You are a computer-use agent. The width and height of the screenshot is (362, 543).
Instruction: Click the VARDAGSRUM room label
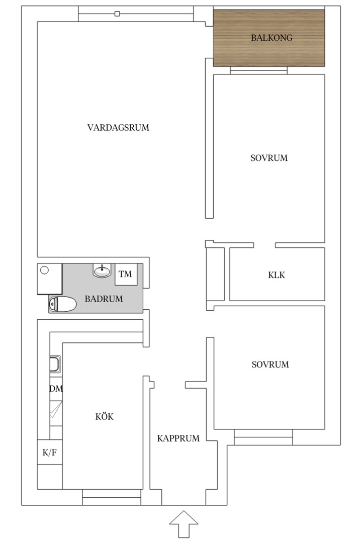click(x=118, y=127)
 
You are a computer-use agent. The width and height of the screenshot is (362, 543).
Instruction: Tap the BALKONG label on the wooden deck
click(x=271, y=37)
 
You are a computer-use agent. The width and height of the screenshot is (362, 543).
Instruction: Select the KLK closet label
click(x=277, y=275)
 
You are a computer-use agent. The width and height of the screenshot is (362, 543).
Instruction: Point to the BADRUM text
click(x=104, y=299)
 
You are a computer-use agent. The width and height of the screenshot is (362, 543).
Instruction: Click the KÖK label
click(x=104, y=416)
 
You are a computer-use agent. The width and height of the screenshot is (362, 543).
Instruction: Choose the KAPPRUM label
click(x=178, y=438)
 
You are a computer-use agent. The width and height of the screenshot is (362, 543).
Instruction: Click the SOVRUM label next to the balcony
click(x=269, y=158)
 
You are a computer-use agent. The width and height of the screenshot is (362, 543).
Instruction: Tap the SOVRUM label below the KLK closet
click(x=270, y=365)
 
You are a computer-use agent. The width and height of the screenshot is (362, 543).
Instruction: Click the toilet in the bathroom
click(x=62, y=304)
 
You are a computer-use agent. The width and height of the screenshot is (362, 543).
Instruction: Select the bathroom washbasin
click(x=102, y=270)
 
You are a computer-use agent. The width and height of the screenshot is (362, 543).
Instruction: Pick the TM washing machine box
click(x=125, y=275)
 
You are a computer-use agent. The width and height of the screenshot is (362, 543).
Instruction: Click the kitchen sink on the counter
click(x=55, y=365)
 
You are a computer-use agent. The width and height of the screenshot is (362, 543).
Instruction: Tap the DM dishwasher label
click(x=56, y=389)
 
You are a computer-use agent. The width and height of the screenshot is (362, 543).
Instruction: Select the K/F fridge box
click(x=50, y=452)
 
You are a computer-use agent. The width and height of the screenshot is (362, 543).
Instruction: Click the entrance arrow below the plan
click(x=184, y=524)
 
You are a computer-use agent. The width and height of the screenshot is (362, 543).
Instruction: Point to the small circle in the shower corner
click(x=44, y=270)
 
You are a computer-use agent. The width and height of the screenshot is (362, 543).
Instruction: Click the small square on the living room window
click(x=117, y=14)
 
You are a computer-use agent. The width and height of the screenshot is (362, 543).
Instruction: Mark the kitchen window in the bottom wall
click(x=112, y=497)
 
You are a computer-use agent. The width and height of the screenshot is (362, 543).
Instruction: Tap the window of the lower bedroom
click(x=263, y=437)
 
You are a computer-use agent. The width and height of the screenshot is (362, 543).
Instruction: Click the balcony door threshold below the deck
click(x=259, y=70)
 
